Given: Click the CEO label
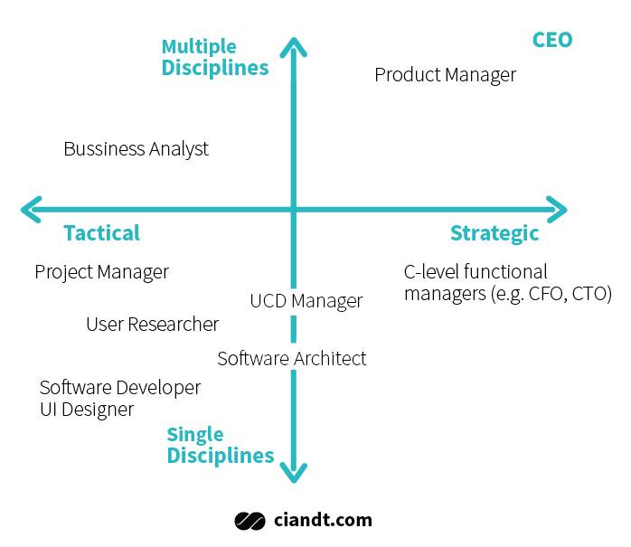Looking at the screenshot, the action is [552, 40].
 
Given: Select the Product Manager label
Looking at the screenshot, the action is [445, 75].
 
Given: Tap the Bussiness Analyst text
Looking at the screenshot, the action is [136, 149].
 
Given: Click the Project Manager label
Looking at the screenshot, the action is [102, 272].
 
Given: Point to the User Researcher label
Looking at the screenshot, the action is [153, 324].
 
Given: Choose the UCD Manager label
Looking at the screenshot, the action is [306, 301].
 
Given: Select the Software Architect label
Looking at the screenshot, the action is [292, 359].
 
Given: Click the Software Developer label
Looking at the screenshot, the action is [120, 388].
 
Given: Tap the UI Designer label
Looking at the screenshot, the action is [87, 410].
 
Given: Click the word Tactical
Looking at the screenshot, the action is [102, 233].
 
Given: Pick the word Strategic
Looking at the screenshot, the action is [494, 234].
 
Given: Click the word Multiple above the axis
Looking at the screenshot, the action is [199, 47].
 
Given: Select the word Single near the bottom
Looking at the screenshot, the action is [195, 435].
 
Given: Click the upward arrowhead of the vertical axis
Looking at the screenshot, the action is [294, 46].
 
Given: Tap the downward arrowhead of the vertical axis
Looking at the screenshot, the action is [294, 474].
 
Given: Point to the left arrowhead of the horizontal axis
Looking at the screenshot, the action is [31, 209].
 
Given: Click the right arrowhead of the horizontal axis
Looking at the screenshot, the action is [558, 209].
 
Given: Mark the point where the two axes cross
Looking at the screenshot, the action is [294, 209].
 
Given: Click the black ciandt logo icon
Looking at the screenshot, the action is [250, 522].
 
